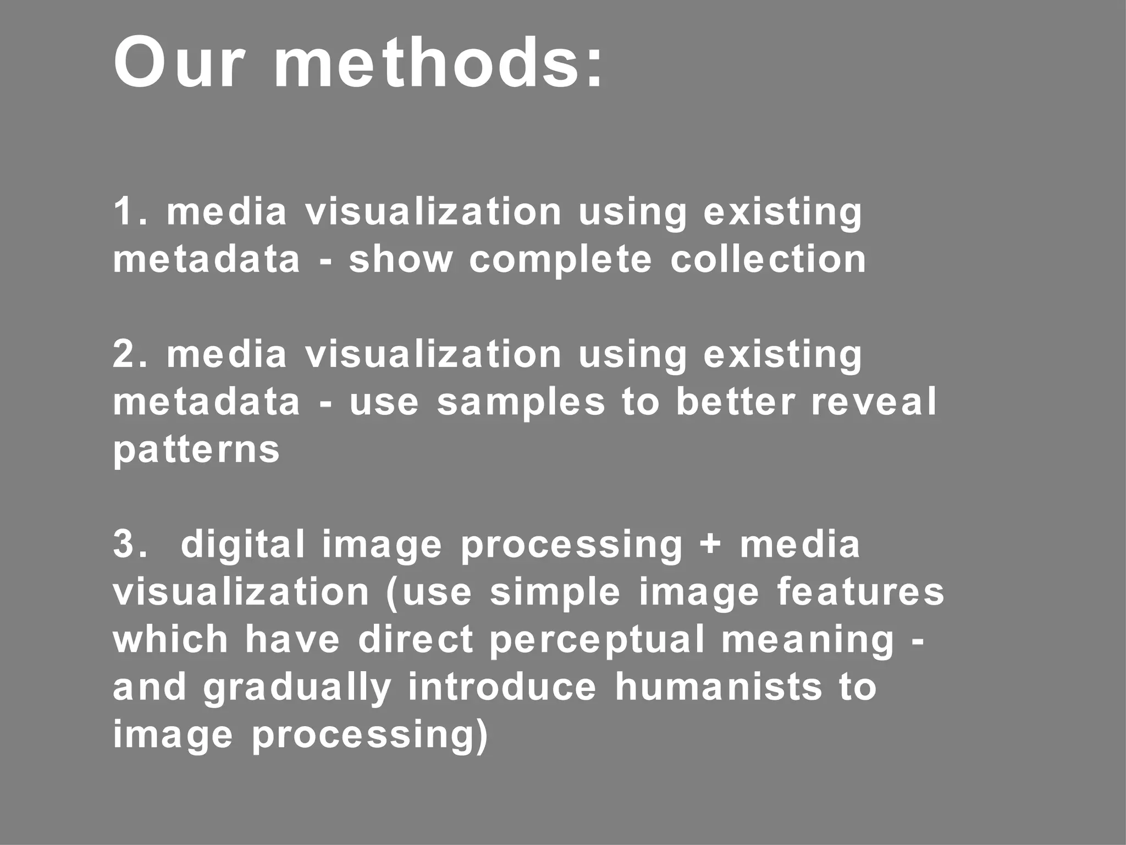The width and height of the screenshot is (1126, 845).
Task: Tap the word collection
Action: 768,259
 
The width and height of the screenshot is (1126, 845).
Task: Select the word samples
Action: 521,403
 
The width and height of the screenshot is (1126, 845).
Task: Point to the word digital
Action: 242,545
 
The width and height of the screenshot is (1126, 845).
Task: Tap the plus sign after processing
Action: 711,545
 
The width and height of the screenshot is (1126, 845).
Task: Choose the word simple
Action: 555,594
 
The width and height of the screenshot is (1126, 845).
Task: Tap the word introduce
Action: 502,687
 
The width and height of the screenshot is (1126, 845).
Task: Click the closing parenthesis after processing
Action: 482,737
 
